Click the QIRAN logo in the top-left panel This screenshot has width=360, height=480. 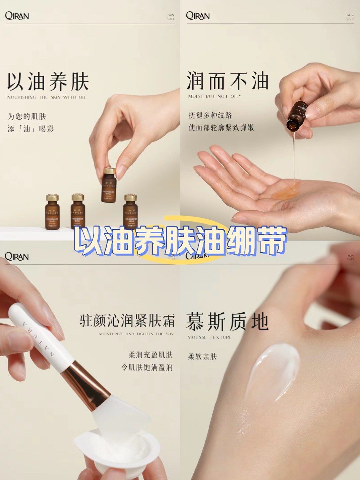(17, 16)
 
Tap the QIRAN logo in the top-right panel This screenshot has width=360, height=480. (198, 16)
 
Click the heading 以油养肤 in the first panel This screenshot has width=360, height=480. (48, 81)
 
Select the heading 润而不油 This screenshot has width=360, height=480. (228, 81)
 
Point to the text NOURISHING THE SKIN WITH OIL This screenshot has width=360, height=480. (47, 97)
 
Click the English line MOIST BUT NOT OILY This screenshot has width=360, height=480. (215, 96)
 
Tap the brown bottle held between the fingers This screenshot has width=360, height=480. (109, 185)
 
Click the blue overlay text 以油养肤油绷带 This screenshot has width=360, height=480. (180, 241)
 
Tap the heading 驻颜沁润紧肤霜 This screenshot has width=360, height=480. (127, 320)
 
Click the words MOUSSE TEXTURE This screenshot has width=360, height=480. (209, 337)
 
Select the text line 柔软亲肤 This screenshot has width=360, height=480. (202, 357)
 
